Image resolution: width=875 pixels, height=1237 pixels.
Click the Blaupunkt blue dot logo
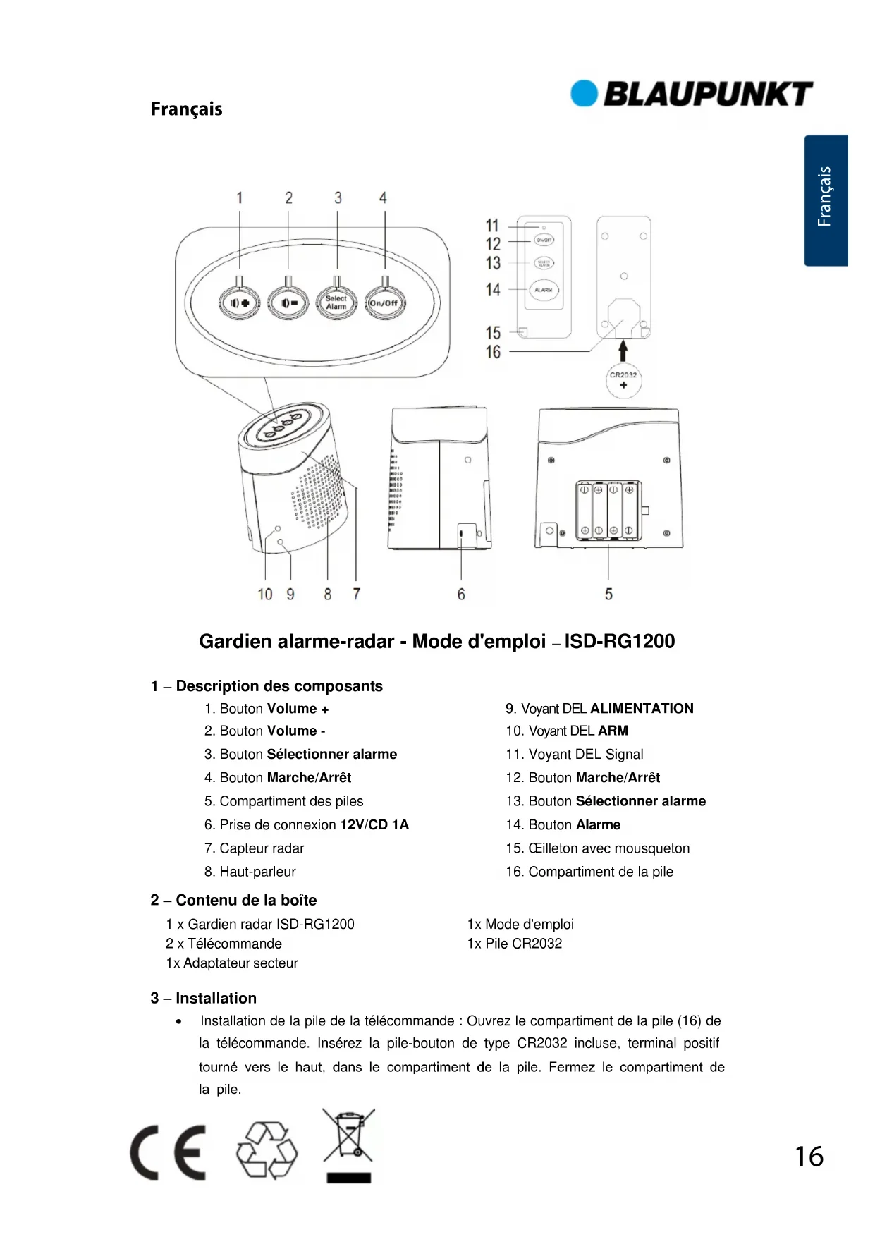coord(584,94)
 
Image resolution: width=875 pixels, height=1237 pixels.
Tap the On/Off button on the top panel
coord(384,303)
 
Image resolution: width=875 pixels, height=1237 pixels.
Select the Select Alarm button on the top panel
coord(336,303)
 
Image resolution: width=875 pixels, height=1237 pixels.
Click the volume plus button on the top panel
coord(240,303)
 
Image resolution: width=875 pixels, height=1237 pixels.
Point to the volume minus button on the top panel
coord(288,303)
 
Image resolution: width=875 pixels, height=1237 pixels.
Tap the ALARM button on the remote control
coord(543,290)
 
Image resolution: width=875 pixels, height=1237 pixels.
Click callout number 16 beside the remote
coord(493,352)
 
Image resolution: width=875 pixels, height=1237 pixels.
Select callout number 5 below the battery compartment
coord(608,595)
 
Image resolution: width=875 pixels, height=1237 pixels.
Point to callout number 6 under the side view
coord(461,595)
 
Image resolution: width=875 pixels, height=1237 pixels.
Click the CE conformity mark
coord(169,1152)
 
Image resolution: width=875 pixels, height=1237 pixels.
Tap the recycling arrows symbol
coord(267,1150)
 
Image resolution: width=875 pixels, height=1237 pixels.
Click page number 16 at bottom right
coord(809,1157)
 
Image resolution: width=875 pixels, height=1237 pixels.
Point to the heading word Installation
coord(216,998)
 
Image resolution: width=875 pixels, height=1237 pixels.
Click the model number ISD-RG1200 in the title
coord(619,641)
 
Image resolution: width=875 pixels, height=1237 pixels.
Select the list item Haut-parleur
coord(257,872)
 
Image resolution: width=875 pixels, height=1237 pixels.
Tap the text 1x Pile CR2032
coord(515,944)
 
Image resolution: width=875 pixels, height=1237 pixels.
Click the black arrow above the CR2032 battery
coord(623,351)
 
